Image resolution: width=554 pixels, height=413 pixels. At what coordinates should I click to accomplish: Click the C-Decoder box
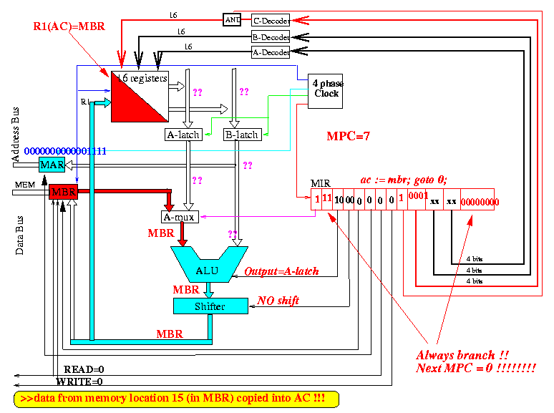click(x=270, y=20)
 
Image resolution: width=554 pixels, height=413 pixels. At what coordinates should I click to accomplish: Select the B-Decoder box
click(x=270, y=37)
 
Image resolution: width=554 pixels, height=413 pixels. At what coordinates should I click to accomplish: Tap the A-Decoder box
click(x=270, y=52)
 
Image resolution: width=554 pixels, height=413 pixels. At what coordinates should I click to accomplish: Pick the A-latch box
click(x=184, y=135)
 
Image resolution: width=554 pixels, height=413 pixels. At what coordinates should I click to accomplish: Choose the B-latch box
click(x=242, y=135)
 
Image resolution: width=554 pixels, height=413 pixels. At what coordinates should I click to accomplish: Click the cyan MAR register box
click(x=52, y=165)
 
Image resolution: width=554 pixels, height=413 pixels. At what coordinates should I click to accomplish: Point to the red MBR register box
click(x=62, y=191)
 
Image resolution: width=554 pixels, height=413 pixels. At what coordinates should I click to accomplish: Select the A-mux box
click(x=180, y=216)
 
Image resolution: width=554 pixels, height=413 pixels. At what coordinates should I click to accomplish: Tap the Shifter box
click(x=210, y=306)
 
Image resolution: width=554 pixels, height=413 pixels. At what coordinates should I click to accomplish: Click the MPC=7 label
click(x=348, y=136)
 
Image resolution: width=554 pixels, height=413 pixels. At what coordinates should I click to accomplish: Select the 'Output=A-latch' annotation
click(x=281, y=272)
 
